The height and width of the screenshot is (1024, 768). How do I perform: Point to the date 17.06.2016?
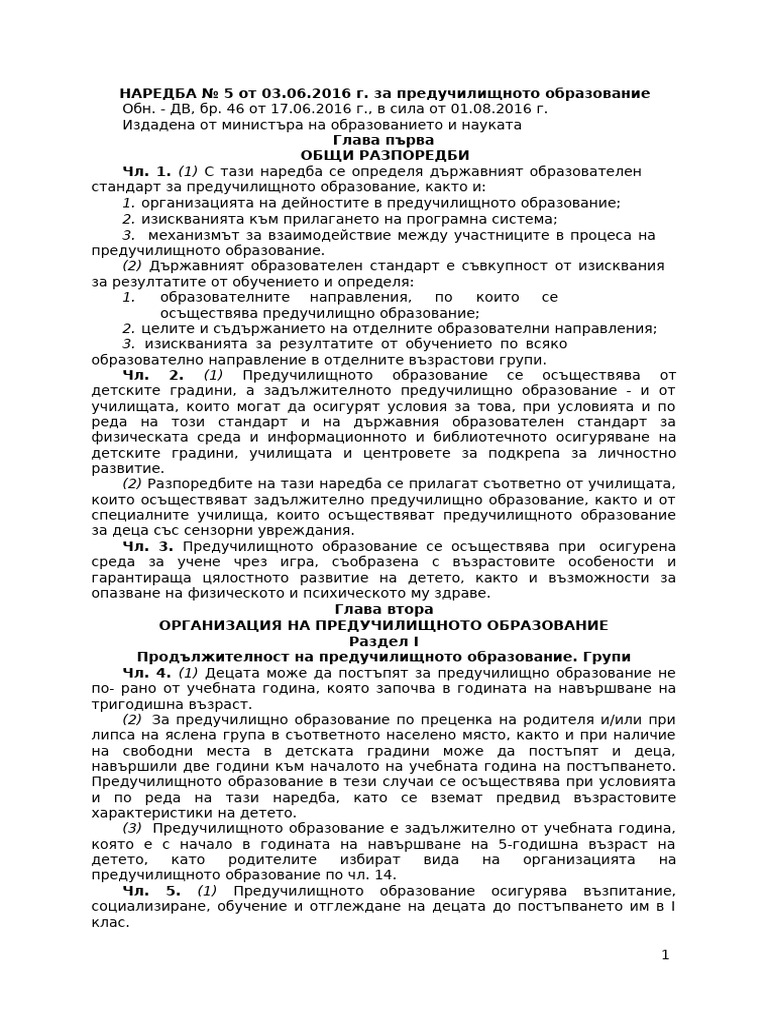(x=305, y=109)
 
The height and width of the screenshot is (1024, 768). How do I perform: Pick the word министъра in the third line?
(x=258, y=125)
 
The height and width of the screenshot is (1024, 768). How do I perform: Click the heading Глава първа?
(x=383, y=140)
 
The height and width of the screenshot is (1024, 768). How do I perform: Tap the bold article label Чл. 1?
(x=147, y=172)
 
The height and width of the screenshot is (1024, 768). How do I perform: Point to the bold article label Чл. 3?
(x=148, y=546)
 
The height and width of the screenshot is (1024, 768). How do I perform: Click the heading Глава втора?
(x=383, y=609)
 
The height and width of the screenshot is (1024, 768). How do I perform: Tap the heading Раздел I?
(x=383, y=641)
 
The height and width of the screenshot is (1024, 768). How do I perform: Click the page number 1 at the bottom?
(x=665, y=955)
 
